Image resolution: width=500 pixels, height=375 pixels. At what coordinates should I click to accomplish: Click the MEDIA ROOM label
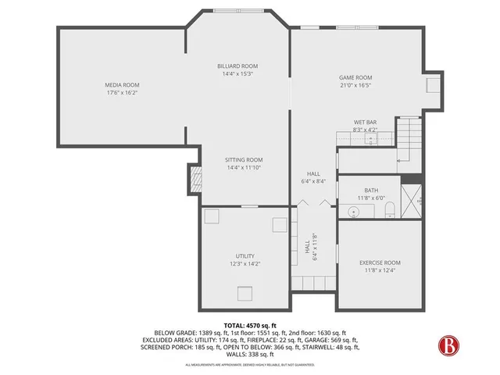[x=122, y=84]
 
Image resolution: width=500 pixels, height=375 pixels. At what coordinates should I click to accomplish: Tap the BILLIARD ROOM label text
[x=237, y=66]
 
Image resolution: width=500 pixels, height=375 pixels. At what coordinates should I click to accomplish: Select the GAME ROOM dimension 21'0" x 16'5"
[x=355, y=85]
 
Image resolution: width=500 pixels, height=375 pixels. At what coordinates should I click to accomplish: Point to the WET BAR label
[x=366, y=123]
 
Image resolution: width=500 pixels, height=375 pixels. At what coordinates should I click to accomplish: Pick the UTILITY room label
[x=245, y=255]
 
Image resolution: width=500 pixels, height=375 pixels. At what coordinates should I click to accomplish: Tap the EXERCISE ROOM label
[x=380, y=262]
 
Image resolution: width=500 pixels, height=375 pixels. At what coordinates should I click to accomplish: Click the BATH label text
[x=371, y=190]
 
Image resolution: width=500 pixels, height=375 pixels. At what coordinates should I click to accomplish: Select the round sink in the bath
[x=352, y=211]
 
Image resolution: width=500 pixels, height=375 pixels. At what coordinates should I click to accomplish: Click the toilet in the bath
[x=391, y=211]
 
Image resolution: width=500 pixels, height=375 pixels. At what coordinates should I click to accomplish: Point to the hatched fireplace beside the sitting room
[x=193, y=182]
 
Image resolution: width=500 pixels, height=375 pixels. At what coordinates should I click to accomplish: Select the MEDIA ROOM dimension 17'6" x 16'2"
[x=122, y=92]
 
